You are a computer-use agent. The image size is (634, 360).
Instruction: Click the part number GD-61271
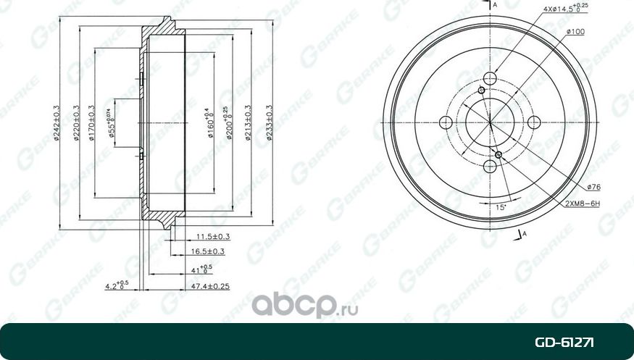[565, 342]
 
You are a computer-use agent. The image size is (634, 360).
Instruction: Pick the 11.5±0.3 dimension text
[213, 237]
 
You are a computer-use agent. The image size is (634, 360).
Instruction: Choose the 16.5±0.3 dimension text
[207, 251]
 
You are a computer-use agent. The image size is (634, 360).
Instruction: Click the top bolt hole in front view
[490, 78]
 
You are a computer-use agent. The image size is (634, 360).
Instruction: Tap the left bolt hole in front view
[446, 122]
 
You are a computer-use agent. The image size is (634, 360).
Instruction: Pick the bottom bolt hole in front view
[490, 166]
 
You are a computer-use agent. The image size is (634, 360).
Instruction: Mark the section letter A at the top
[495, 6]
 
